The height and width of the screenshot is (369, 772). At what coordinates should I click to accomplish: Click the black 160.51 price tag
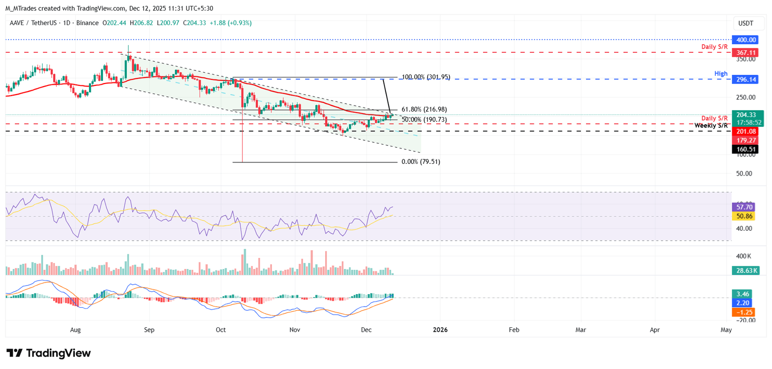pyautogui.click(x=745, y=149)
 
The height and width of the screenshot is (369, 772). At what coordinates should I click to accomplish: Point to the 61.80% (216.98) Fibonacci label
pyautogui.click(x=425, y=109)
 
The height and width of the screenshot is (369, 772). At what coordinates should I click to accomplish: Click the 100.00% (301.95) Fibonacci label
pyautogui.click(x=426, y=77)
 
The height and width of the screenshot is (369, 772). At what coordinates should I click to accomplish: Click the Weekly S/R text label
pyautogui.click(x=711, y=125)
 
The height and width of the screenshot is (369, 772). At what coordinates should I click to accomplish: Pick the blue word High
pyautogui.click(x=721, y=73)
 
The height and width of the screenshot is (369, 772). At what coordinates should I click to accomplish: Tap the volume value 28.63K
pyautogui.click(x=745, y=270)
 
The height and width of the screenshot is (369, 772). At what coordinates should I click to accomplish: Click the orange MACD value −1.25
pyautogui.click(x=745, y=312)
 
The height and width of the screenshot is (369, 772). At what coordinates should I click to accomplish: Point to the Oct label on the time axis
pyautogui.click(x=221, y=330)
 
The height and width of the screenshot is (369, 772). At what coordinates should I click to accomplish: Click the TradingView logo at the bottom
pyautogui.click(x=49, y=353)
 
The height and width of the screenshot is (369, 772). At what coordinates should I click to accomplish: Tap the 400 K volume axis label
pyautogui.click(x=744, y=256)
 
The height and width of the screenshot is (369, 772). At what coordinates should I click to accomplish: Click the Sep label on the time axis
pyautogui.click(x=149, y=330)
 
